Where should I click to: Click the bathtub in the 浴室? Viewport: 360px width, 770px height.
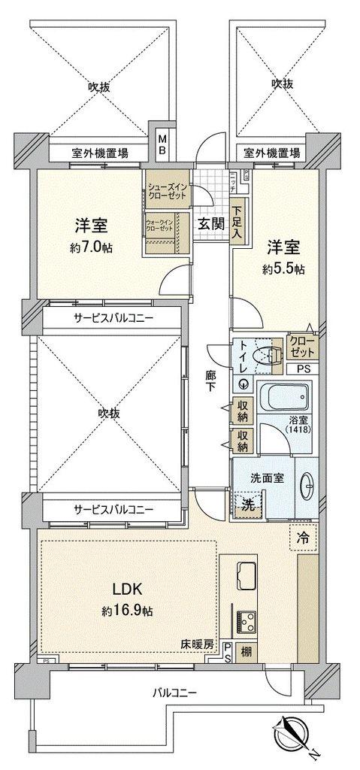click(x=283, y=395)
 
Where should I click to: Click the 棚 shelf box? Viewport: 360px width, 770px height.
click(x=247, y=653)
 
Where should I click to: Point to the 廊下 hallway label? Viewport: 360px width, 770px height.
click(x=211, y=382)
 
